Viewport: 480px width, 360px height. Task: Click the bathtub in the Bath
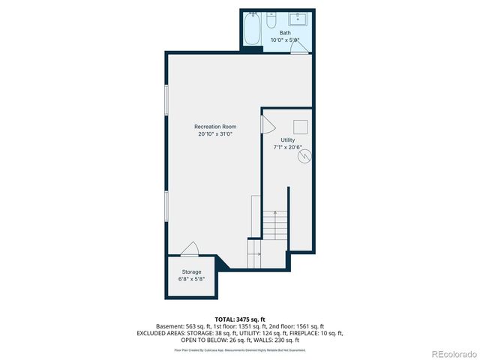click(x=253, y=29)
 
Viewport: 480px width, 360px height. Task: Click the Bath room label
click(x=285, y=33)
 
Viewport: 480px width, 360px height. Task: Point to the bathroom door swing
click(x=301, y=47)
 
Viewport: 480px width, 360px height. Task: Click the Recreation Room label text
click(x=215, y=127)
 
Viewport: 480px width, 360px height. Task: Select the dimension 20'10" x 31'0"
click(x=215, y=134)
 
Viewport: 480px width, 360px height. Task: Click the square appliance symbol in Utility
click(x=301, y=127)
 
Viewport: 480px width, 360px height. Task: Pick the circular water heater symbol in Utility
click(x=304, y=158)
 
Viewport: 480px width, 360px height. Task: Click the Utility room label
click(x=288, y=140)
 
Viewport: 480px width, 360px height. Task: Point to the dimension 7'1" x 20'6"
click(x=288, y=148)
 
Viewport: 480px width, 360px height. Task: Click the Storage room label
click(x=191, y=271)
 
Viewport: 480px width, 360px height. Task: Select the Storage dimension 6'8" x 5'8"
click(x=191, y=278)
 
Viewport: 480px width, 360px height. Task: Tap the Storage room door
click(x=190, y=250)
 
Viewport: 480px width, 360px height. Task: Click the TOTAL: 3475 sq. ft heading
click(x=239, y=319)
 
